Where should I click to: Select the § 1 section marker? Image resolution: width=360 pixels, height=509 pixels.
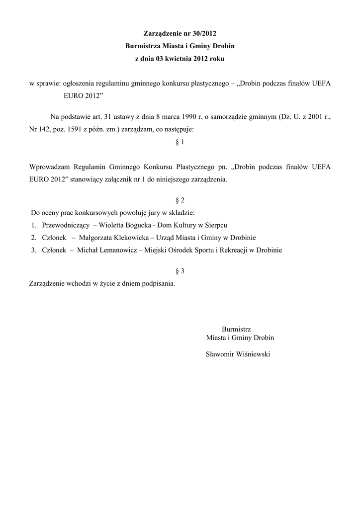pos(180,142)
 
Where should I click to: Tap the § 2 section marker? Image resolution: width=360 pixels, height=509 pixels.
pos(180,200)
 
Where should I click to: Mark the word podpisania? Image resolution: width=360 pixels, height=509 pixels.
pos(159,284)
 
